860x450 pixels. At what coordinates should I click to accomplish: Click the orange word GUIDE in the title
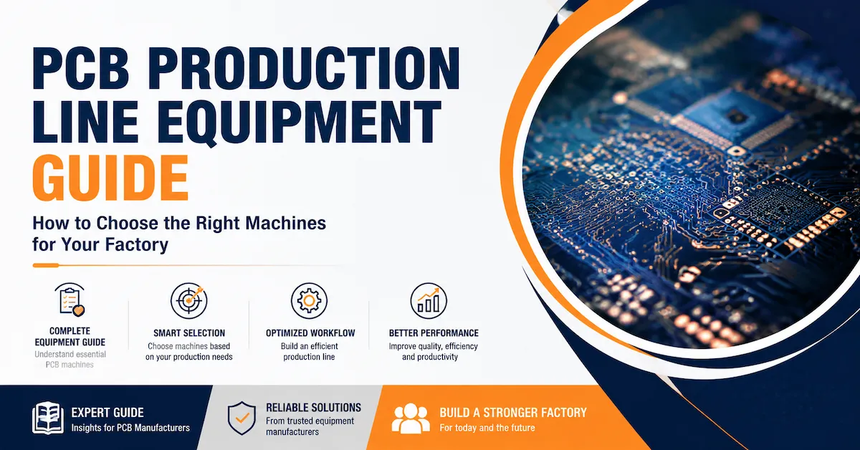[110, 178]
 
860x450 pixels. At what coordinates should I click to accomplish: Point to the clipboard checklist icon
[70, 300]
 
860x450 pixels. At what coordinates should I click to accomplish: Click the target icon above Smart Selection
[189, 300]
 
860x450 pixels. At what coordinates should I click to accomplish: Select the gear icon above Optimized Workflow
[309, 301]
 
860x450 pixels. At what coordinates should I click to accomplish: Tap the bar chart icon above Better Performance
[429, 301]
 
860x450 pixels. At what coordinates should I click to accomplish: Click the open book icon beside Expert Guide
[47, 418]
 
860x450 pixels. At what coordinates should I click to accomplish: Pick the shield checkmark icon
[242, 418]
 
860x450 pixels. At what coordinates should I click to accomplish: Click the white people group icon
[411, 418]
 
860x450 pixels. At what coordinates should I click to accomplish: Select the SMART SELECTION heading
[189, 333]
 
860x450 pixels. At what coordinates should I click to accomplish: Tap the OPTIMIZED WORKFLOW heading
[310, 333]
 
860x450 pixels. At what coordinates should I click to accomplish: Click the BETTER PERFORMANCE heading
[434, 333]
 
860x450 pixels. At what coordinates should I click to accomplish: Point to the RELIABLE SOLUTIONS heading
[313, 408]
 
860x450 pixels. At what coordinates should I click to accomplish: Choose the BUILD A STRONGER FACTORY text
[513, 413]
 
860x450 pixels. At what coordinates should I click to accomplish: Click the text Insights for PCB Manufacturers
[130, 428]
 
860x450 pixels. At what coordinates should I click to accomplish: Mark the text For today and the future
[487, 427]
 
